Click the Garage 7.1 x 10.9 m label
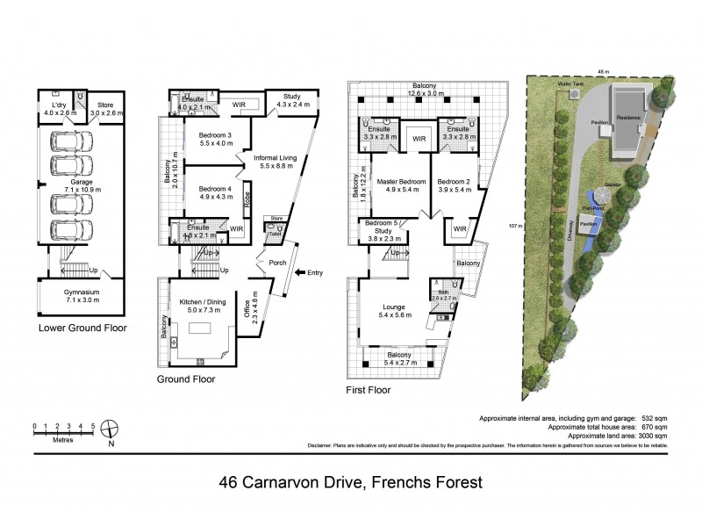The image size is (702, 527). [x=81, y=185]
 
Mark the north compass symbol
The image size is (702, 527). [x=111, y=430]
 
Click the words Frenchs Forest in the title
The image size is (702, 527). [x=421, y=482]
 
